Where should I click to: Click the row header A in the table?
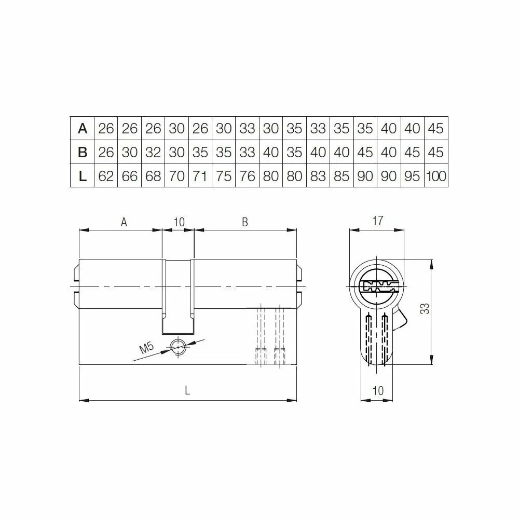(x=83, y=128)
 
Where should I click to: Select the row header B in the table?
(x=83, y=152)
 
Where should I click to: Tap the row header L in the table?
(x=83, y=176)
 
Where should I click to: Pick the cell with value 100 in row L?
(x=436, y=176)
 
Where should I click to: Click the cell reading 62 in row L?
(x=106, y=176)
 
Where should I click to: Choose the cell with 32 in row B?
(x=153, y=152)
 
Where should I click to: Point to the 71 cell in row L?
(x=200, y=176)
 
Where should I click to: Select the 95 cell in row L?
(x=412, y=176)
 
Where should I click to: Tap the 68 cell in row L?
(x=153, y=176)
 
